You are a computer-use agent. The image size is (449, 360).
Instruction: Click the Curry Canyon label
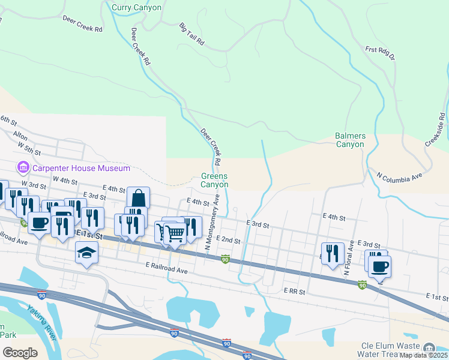click(x=136, y=7)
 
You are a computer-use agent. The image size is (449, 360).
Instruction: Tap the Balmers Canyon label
click(x=350, y=140)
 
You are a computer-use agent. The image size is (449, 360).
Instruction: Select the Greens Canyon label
click(x=214, y=180)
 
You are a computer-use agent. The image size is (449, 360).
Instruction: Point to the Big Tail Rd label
click(x=191, y=35)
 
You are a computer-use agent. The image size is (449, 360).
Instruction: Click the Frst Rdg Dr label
click(x=380, y=53)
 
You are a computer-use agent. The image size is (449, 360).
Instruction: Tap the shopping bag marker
click(x=138, y=197)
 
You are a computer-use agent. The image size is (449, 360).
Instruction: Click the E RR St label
click(x=294, y=292)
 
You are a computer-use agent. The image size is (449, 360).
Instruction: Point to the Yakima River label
click(x=41, y=322)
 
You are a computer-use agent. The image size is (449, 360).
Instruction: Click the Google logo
click(x=20, y=353)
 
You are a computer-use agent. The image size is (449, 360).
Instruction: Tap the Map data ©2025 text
click(x=424, y=356)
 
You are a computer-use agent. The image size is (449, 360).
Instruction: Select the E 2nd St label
click(x=228, y=240)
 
